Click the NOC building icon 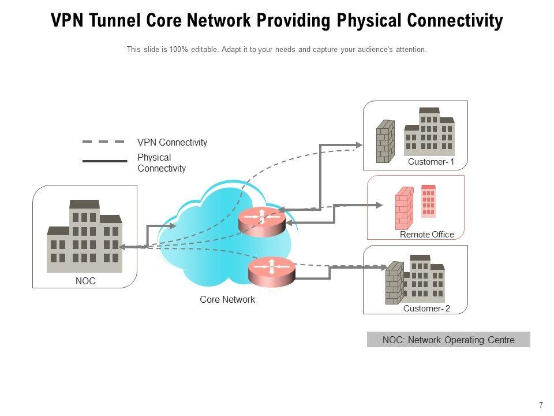coord(84,237)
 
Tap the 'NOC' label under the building coord(85,281)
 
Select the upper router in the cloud coord(261,220)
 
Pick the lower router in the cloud coord(271,270)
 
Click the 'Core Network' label coord(227,300)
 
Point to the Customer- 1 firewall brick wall coord(385,141)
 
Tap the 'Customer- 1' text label coord(431,162)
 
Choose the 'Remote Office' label coord(427,235)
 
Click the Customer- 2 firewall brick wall coord(394,283)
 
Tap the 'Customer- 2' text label coord(426,309)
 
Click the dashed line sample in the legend coord(104,142)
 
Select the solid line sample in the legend coord(104,161)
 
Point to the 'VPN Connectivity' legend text coord(172,142)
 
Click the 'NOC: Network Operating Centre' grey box coord(448,340)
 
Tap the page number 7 coord(541,405)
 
